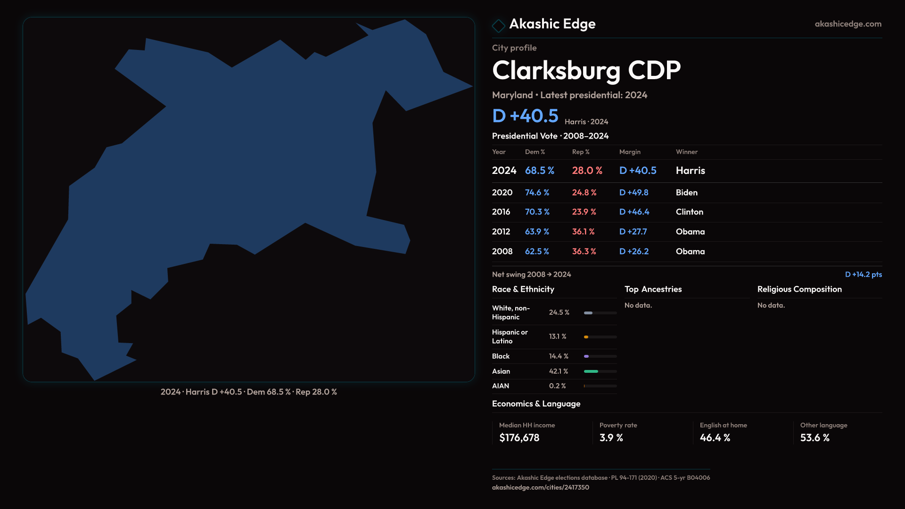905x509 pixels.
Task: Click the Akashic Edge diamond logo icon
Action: coord(498,25)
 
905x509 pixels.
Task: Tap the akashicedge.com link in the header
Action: coord(848,24)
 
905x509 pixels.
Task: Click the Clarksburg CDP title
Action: coord(586,71)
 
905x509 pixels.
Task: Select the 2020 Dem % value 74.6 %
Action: coord(537,193)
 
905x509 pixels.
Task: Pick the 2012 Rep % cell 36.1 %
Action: coord(583,232)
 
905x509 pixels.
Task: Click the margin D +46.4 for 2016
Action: coord(634,212)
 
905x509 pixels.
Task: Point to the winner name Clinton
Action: coord(689,212)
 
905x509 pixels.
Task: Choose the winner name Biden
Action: coord(686,193)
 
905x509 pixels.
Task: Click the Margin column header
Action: coord(630,152)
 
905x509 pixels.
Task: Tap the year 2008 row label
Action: coord(502,252)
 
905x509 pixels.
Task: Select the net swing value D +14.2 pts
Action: coord(863,274)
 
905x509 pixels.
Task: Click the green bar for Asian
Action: coord(591,371)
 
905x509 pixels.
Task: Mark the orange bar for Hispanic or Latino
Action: coord(586,337)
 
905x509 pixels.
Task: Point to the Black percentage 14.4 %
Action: coord(559,356)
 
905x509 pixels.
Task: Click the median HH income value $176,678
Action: coord(519,438)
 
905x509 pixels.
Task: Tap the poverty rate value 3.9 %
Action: coord(611,438)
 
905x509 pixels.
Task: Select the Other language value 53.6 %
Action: coord(814,438)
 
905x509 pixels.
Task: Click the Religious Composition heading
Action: coord(799,289)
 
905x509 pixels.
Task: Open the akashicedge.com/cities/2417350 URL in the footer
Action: coord(540,487)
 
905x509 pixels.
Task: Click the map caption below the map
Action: coord(248,392)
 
